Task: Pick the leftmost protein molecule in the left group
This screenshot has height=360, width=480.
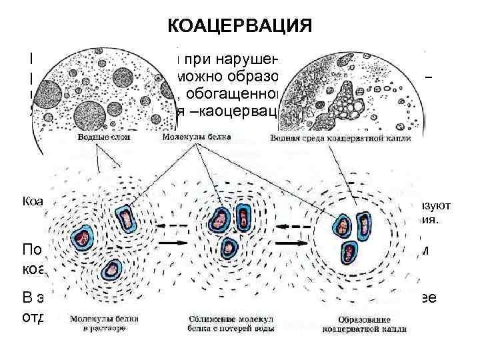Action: (x=83, y=237)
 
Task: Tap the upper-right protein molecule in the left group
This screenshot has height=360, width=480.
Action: (x=125, y=217)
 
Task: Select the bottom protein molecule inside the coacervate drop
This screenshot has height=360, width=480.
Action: (x=347, y=252)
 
